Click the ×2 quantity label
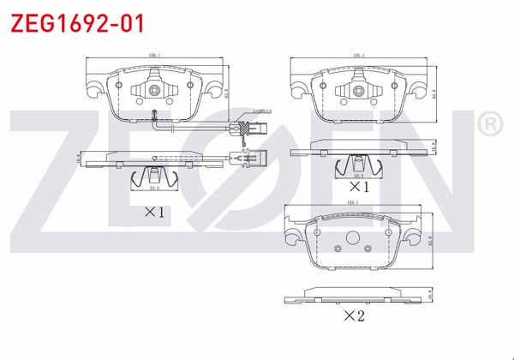[354, 316]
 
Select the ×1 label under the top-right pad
[358, 185]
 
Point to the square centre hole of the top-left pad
[155, 90]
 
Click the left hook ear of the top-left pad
[92, 85]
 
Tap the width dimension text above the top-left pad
[155, 57]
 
